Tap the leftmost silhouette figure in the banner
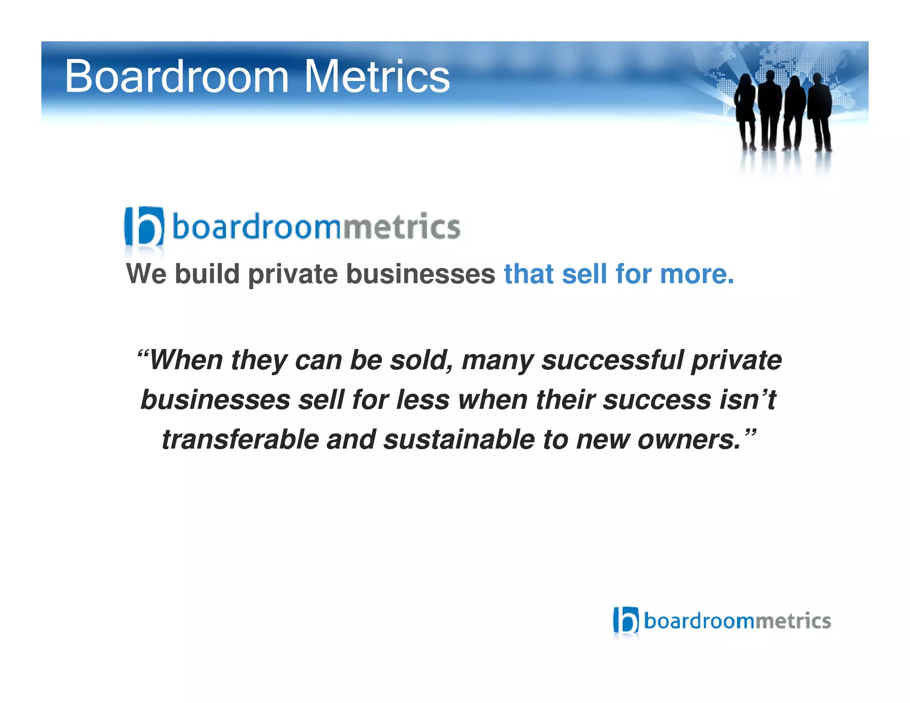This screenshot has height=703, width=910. click(745, 109)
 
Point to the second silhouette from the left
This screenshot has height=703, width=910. click(769, 109)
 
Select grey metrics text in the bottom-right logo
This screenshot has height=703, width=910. click(793, 621)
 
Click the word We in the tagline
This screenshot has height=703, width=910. click(146, 274)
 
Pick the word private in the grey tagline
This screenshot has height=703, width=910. click(293, 275)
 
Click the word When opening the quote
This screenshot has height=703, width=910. click(186, 360)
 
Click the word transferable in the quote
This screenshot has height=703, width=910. click(240, 439)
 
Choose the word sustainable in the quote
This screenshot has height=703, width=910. click(459, 439)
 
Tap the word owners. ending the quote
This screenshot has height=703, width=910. click(689, 439)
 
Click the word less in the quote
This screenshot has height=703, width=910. click(423, 399)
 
